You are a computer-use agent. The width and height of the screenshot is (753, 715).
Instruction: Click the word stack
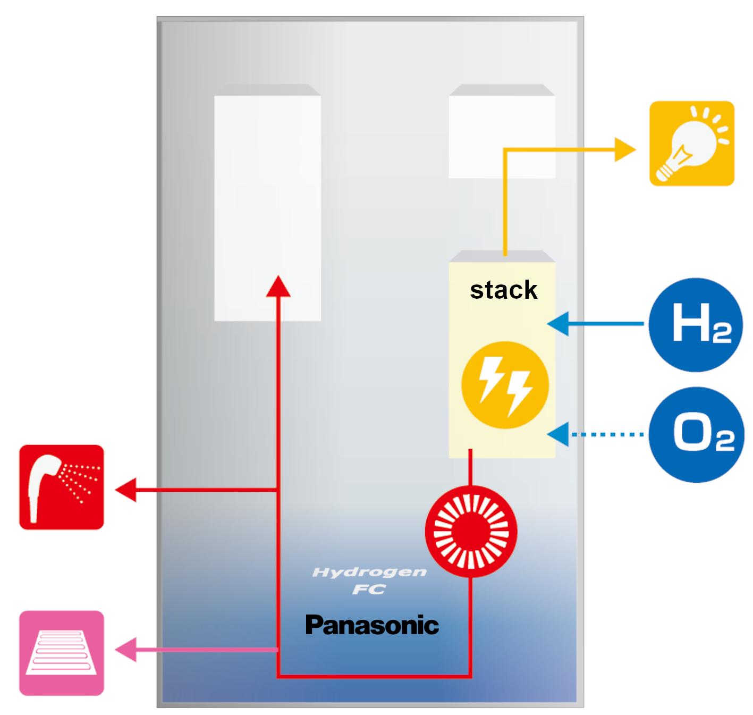pos(503,290)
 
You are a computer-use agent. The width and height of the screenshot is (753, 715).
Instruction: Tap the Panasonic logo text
pos(372,625)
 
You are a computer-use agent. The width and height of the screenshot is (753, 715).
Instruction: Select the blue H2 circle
pos(696,324)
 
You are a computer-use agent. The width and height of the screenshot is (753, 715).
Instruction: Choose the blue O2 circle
pos(696,434)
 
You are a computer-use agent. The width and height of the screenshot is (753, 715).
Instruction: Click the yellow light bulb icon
pos(691,144)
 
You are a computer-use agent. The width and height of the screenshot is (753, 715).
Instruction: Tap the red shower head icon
pos(62,487)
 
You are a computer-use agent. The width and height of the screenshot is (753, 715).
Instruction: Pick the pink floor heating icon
pos(62,653)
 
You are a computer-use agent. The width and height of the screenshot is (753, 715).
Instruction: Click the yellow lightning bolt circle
pos(505,385)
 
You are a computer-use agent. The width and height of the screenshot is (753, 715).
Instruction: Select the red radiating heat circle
pos(471,531)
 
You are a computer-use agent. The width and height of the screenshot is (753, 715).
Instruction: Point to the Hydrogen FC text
pos(369,580)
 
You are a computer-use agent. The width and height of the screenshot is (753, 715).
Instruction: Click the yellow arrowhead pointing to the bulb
pos(624,150)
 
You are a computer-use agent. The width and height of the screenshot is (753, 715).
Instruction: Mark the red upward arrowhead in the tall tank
pos(278,287)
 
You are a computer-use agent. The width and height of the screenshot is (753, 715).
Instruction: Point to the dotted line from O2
pos(608,434)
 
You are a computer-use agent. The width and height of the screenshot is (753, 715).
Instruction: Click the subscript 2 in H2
pos(722,334)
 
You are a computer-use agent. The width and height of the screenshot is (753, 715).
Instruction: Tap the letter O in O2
pos(692,432)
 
